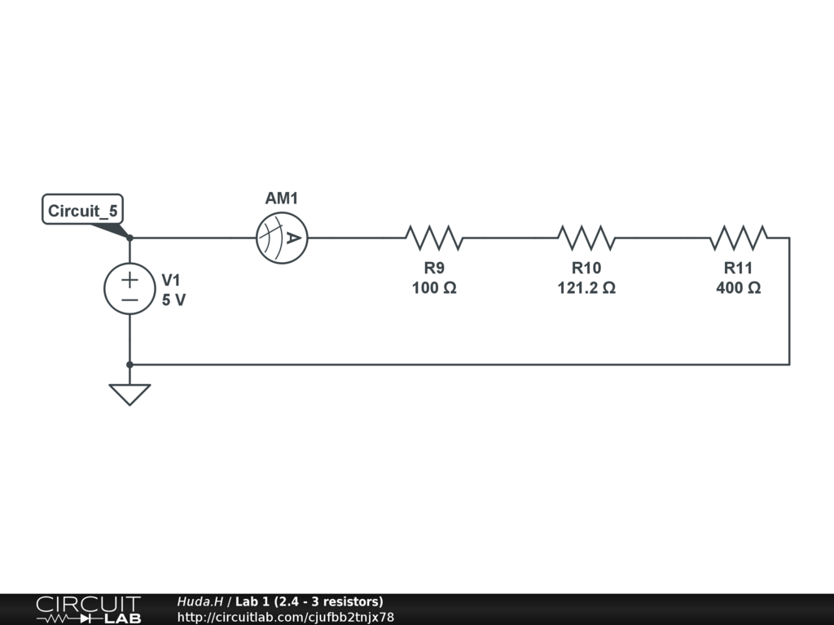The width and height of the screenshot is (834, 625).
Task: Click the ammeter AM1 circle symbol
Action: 282,238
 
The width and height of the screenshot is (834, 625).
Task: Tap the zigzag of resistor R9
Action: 434,238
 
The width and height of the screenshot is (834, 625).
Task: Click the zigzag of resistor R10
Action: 586,238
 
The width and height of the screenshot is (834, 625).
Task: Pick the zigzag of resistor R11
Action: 739,238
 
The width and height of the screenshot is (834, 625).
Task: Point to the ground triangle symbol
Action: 129,395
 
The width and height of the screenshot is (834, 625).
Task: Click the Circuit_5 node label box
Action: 82,212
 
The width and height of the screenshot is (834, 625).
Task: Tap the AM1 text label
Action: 282,199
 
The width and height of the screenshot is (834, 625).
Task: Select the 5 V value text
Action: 173,299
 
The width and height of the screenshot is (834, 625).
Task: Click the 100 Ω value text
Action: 434,288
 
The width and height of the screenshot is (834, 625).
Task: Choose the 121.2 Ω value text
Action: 586,288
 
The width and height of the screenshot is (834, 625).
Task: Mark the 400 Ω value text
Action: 739,288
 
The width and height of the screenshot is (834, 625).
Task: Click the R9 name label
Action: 434,269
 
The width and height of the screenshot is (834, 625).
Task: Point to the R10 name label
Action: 586,269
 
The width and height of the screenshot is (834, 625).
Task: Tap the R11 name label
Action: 739,269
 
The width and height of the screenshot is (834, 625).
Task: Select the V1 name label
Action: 171,280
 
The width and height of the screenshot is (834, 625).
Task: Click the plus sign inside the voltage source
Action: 129,280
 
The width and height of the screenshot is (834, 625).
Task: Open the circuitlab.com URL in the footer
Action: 285,617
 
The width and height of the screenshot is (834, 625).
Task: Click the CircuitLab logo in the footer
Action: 88,610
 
